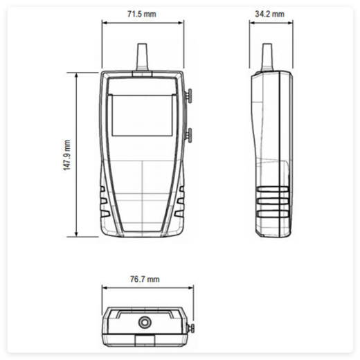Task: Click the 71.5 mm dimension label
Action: [142, 15]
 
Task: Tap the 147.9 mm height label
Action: [67, 156]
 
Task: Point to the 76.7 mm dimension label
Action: [145, 279]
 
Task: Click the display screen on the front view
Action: [143, 115]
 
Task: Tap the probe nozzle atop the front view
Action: [142, 58]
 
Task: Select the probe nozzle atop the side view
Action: [266, 58]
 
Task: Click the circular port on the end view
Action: [145, 322]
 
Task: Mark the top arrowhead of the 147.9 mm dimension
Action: [76, 74]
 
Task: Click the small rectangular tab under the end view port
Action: [145, 339]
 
